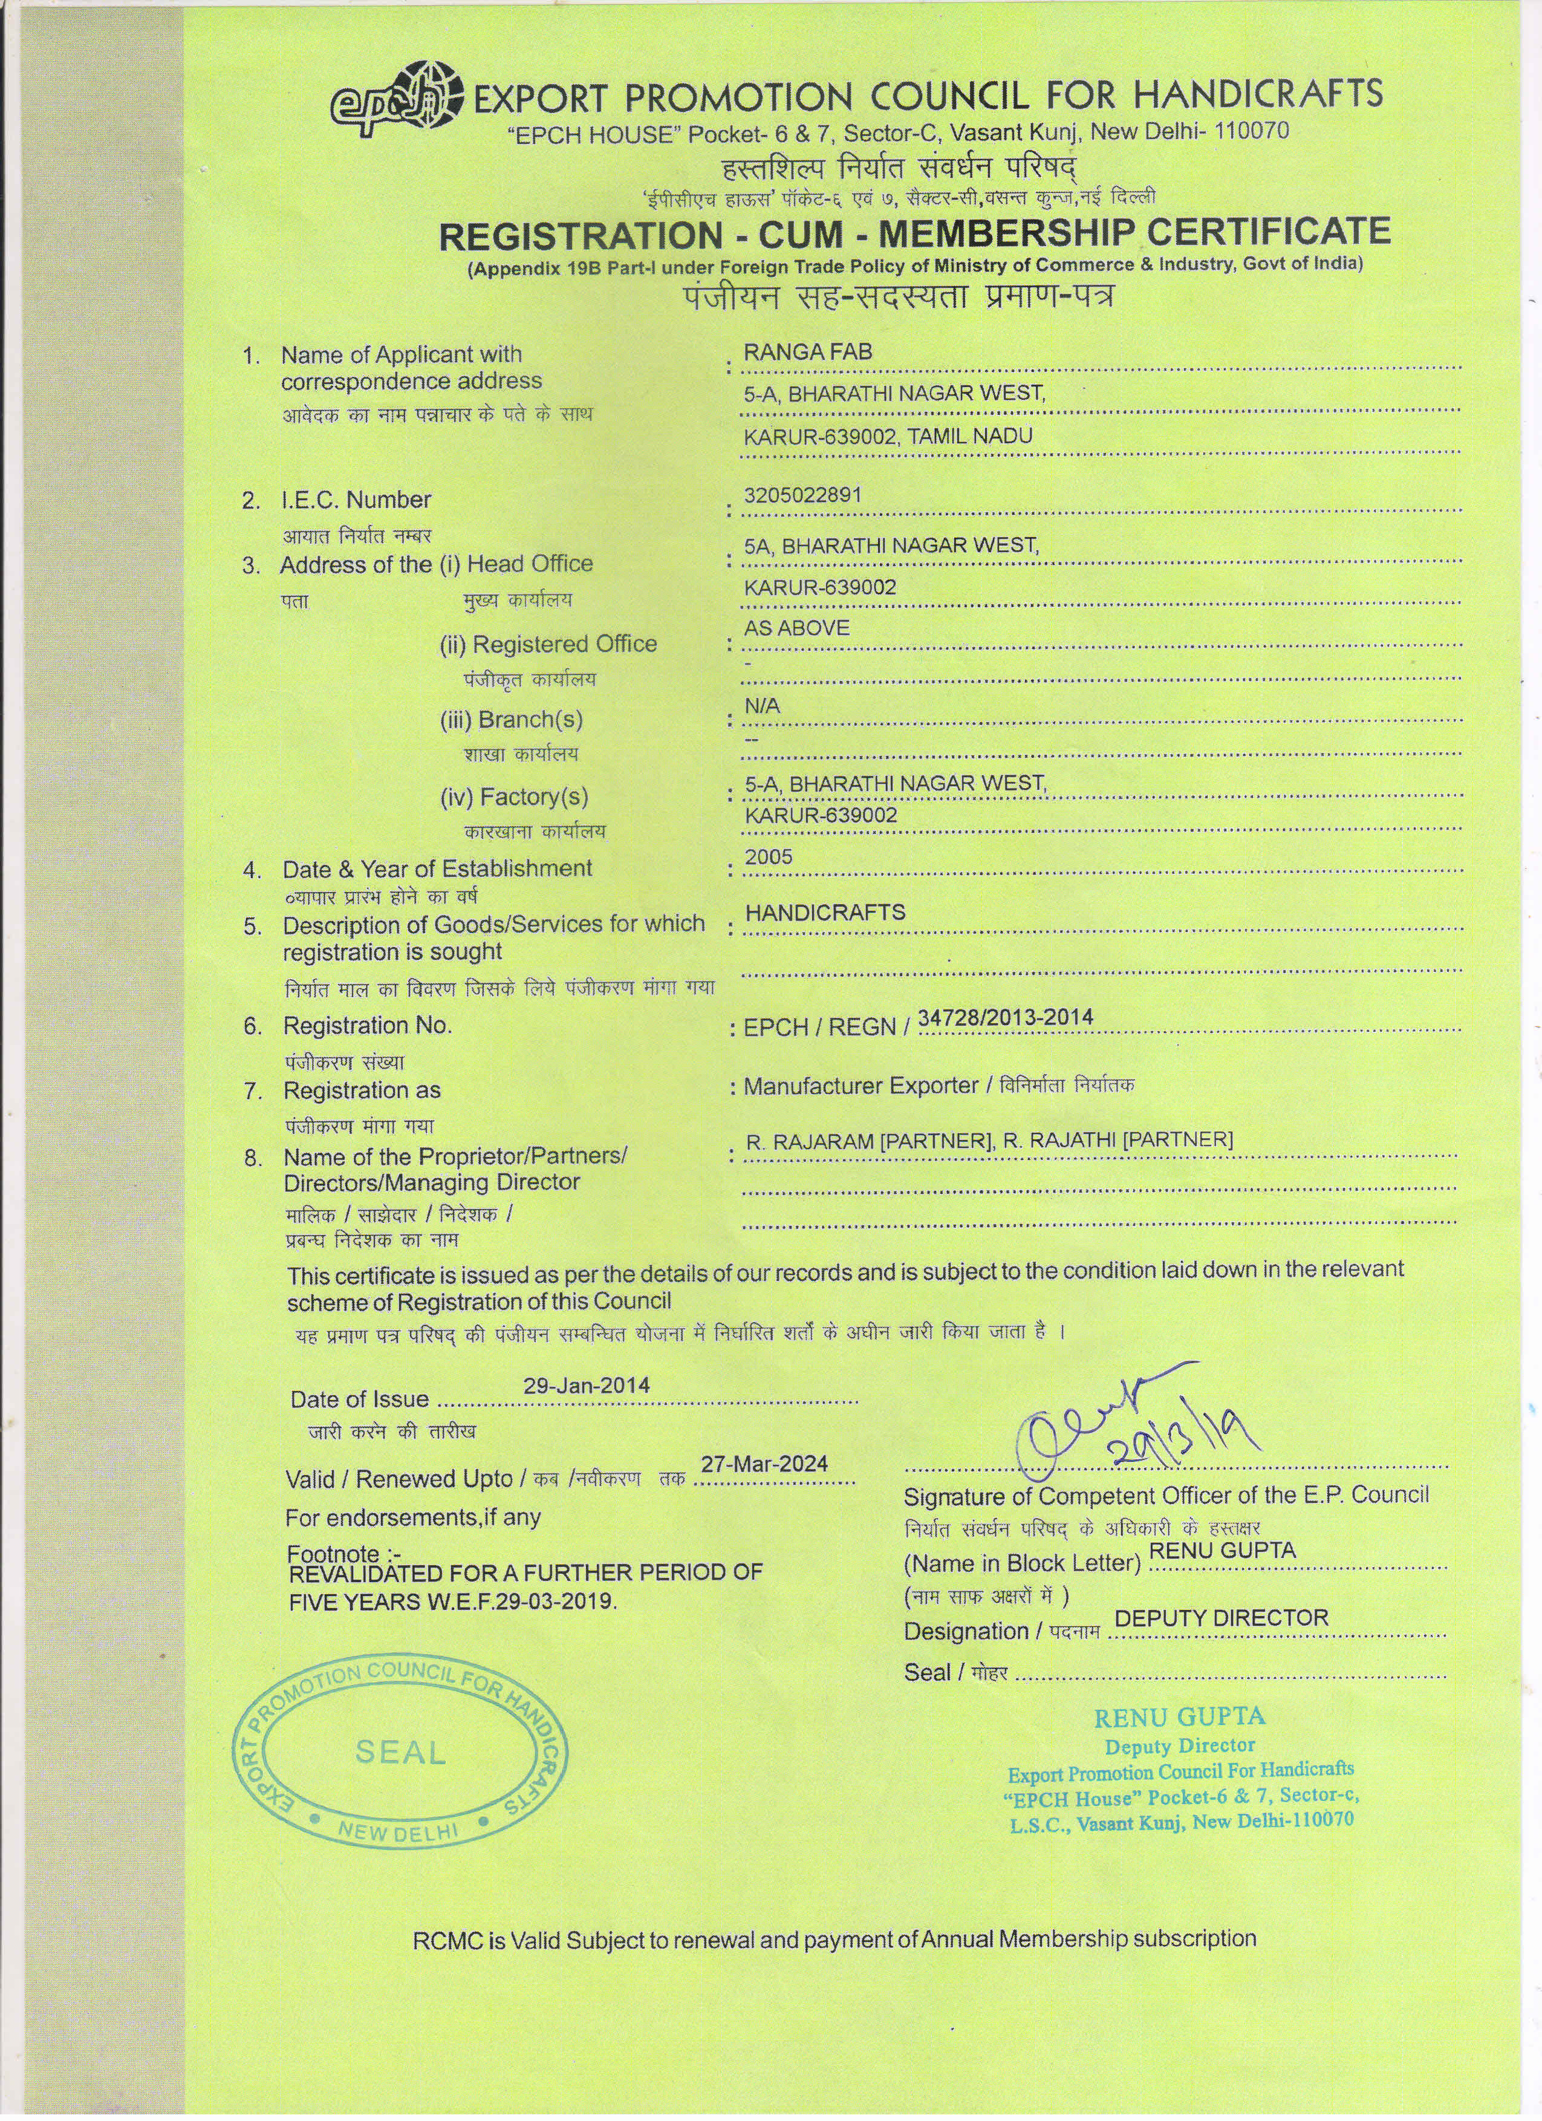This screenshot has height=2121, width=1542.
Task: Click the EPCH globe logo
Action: [x=397, y=98]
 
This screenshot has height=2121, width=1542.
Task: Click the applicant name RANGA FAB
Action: [x=807, y=353]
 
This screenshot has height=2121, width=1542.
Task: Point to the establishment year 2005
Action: [x=768, y=856]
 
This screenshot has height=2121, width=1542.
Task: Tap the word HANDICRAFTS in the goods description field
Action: [x=825, y=912]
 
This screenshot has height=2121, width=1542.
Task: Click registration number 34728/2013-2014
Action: [x=1005, y=1017]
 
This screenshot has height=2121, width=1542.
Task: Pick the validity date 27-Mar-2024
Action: [x=764, y=1464]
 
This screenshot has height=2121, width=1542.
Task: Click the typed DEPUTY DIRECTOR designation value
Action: [x=1222, y=1618]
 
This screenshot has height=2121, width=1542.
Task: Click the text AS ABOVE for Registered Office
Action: [x=796, y=628]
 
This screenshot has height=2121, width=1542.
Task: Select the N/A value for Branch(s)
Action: [x=761, y=706]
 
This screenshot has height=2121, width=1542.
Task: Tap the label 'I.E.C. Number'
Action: [x=356, y=500]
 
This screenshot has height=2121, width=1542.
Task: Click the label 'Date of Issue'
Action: [x=359, y=1399]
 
